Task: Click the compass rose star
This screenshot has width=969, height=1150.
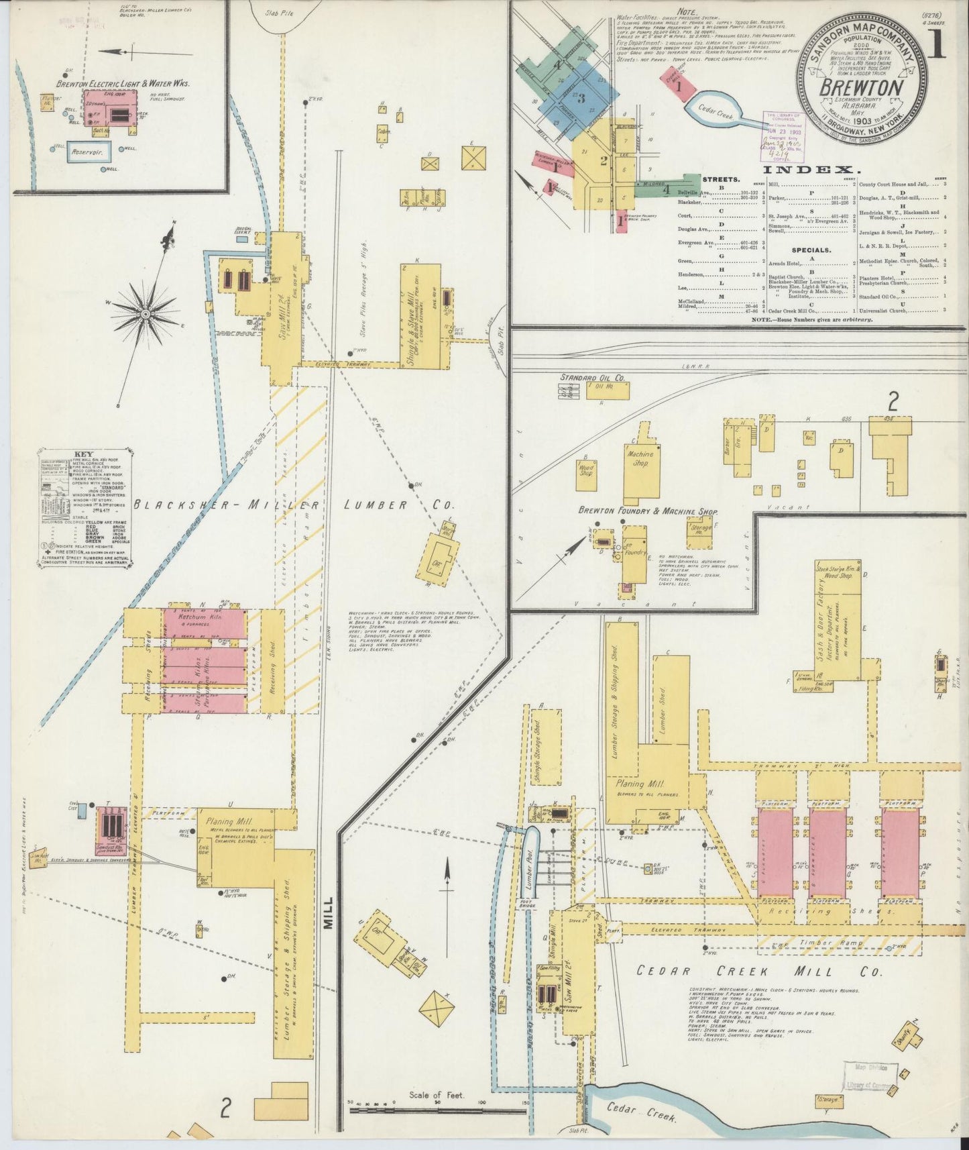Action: click(146, 313)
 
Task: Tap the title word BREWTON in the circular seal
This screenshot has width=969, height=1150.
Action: click(861, 89)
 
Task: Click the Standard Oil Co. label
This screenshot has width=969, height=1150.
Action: click(592, 378)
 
